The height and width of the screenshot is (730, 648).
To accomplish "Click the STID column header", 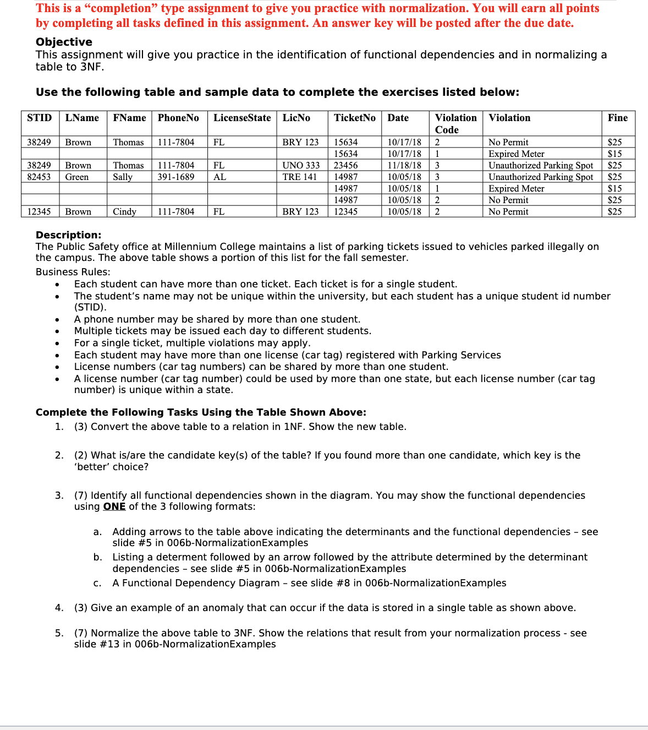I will pos(39,118).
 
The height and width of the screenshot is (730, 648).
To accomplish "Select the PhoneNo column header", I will pos(178,118).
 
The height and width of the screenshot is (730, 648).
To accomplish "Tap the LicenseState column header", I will pos(242,118).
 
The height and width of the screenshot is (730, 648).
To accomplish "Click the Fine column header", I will pos(617,118).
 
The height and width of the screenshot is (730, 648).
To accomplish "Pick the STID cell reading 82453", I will pos(39,177).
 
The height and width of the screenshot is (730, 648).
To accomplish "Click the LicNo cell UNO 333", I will pos(301,165).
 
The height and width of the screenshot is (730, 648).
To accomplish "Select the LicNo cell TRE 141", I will pos(300,177).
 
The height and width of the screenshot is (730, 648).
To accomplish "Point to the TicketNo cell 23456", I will pos(346,165).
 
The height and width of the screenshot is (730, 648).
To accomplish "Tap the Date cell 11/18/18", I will pos(404,165).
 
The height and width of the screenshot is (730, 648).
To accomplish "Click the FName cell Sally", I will pos(123,177).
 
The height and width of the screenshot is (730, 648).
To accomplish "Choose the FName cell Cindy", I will pos(124,211).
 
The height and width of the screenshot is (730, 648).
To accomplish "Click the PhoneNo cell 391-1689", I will pos(176,177).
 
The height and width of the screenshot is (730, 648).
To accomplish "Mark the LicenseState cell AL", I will pos(219,177).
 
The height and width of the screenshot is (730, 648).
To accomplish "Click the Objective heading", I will pos(64,42).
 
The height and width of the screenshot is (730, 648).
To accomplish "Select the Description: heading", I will pos(68,235).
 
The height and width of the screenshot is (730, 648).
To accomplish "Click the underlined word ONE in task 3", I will pos(114,506).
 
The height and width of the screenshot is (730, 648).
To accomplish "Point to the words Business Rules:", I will pos(73,272).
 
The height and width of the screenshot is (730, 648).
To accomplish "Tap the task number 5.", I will pos(59,633).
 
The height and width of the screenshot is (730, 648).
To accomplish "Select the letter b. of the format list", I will pos(97,557).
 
